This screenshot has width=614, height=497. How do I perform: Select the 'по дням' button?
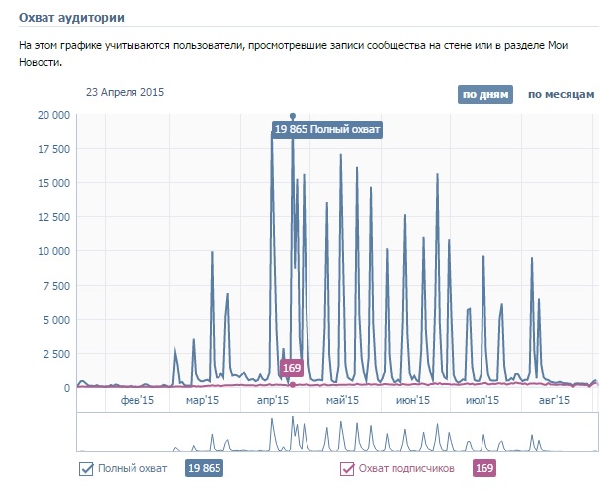pos(484,95)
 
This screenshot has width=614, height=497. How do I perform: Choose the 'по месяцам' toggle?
pos(561,95)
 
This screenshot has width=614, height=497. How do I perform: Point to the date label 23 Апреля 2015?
pos(125,92)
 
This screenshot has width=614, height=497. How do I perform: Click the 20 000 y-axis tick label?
pos(46,115)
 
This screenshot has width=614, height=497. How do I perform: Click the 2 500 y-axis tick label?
pos(51,354)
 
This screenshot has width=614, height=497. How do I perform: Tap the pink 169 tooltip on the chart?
pos(292,369)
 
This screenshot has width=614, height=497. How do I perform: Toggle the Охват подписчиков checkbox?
pos(347,468)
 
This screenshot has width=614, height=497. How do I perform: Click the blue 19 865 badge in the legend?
pos(204,468)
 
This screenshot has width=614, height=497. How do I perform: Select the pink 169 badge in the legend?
pos(484,468)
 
